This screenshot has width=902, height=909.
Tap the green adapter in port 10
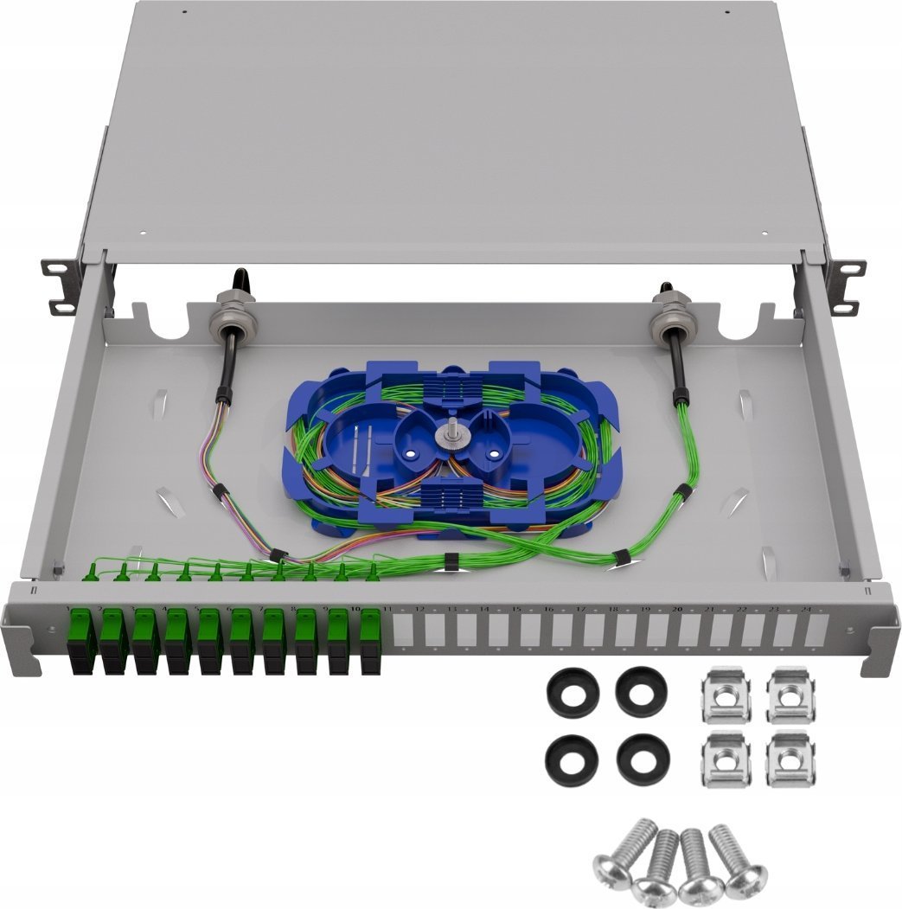371,639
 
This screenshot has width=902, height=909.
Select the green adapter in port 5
209,638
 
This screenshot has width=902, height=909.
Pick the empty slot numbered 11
402,630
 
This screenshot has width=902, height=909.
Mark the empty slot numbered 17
592,631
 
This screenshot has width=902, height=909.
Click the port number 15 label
516,610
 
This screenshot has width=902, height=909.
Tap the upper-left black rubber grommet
573,693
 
